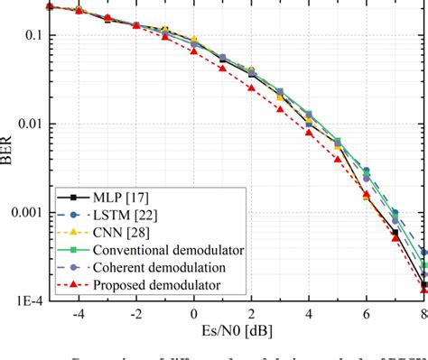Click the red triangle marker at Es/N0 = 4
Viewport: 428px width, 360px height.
click(x=309, y=133)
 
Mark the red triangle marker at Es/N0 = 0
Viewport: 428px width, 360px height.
click(x=194, y=51)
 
